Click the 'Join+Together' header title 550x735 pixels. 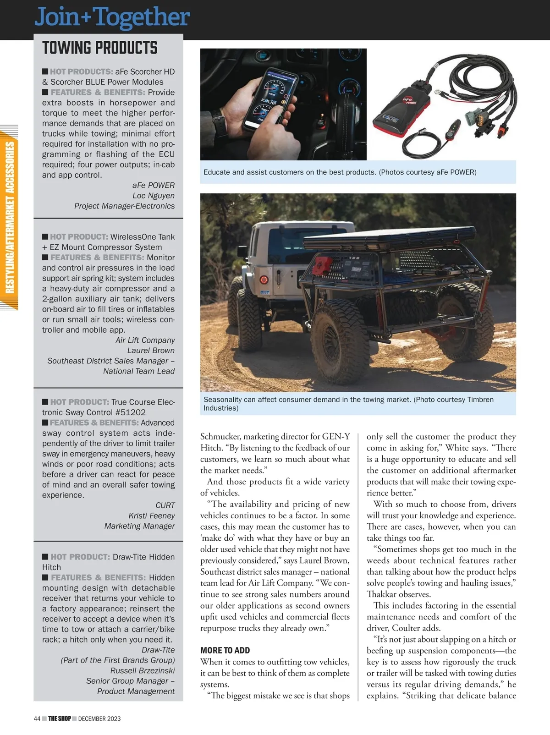(x=112, y=17)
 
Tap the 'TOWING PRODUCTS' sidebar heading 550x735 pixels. (x=100, y=48)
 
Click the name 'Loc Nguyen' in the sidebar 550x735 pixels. (x=154, y=196)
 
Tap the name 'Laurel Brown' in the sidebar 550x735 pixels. (x=151, y=351)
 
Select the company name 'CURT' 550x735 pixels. (x=165, y=505)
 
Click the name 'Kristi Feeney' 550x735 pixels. (x=152, y=516)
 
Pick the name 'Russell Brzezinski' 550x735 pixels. (x=143, y=671)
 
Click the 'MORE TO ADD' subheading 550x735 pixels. (x=225, y=651)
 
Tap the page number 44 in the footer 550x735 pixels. (x=37, y=719)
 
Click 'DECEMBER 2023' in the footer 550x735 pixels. (x=99, y=719)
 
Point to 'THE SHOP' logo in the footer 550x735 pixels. (x=60, y=719)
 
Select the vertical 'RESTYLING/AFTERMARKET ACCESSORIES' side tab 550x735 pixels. (x=10, y=218)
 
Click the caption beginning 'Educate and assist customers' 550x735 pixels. (x=340, y=172)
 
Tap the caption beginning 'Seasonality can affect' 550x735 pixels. (x=348, y=404)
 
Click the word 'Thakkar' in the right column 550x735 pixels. (x=382, y=594)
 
